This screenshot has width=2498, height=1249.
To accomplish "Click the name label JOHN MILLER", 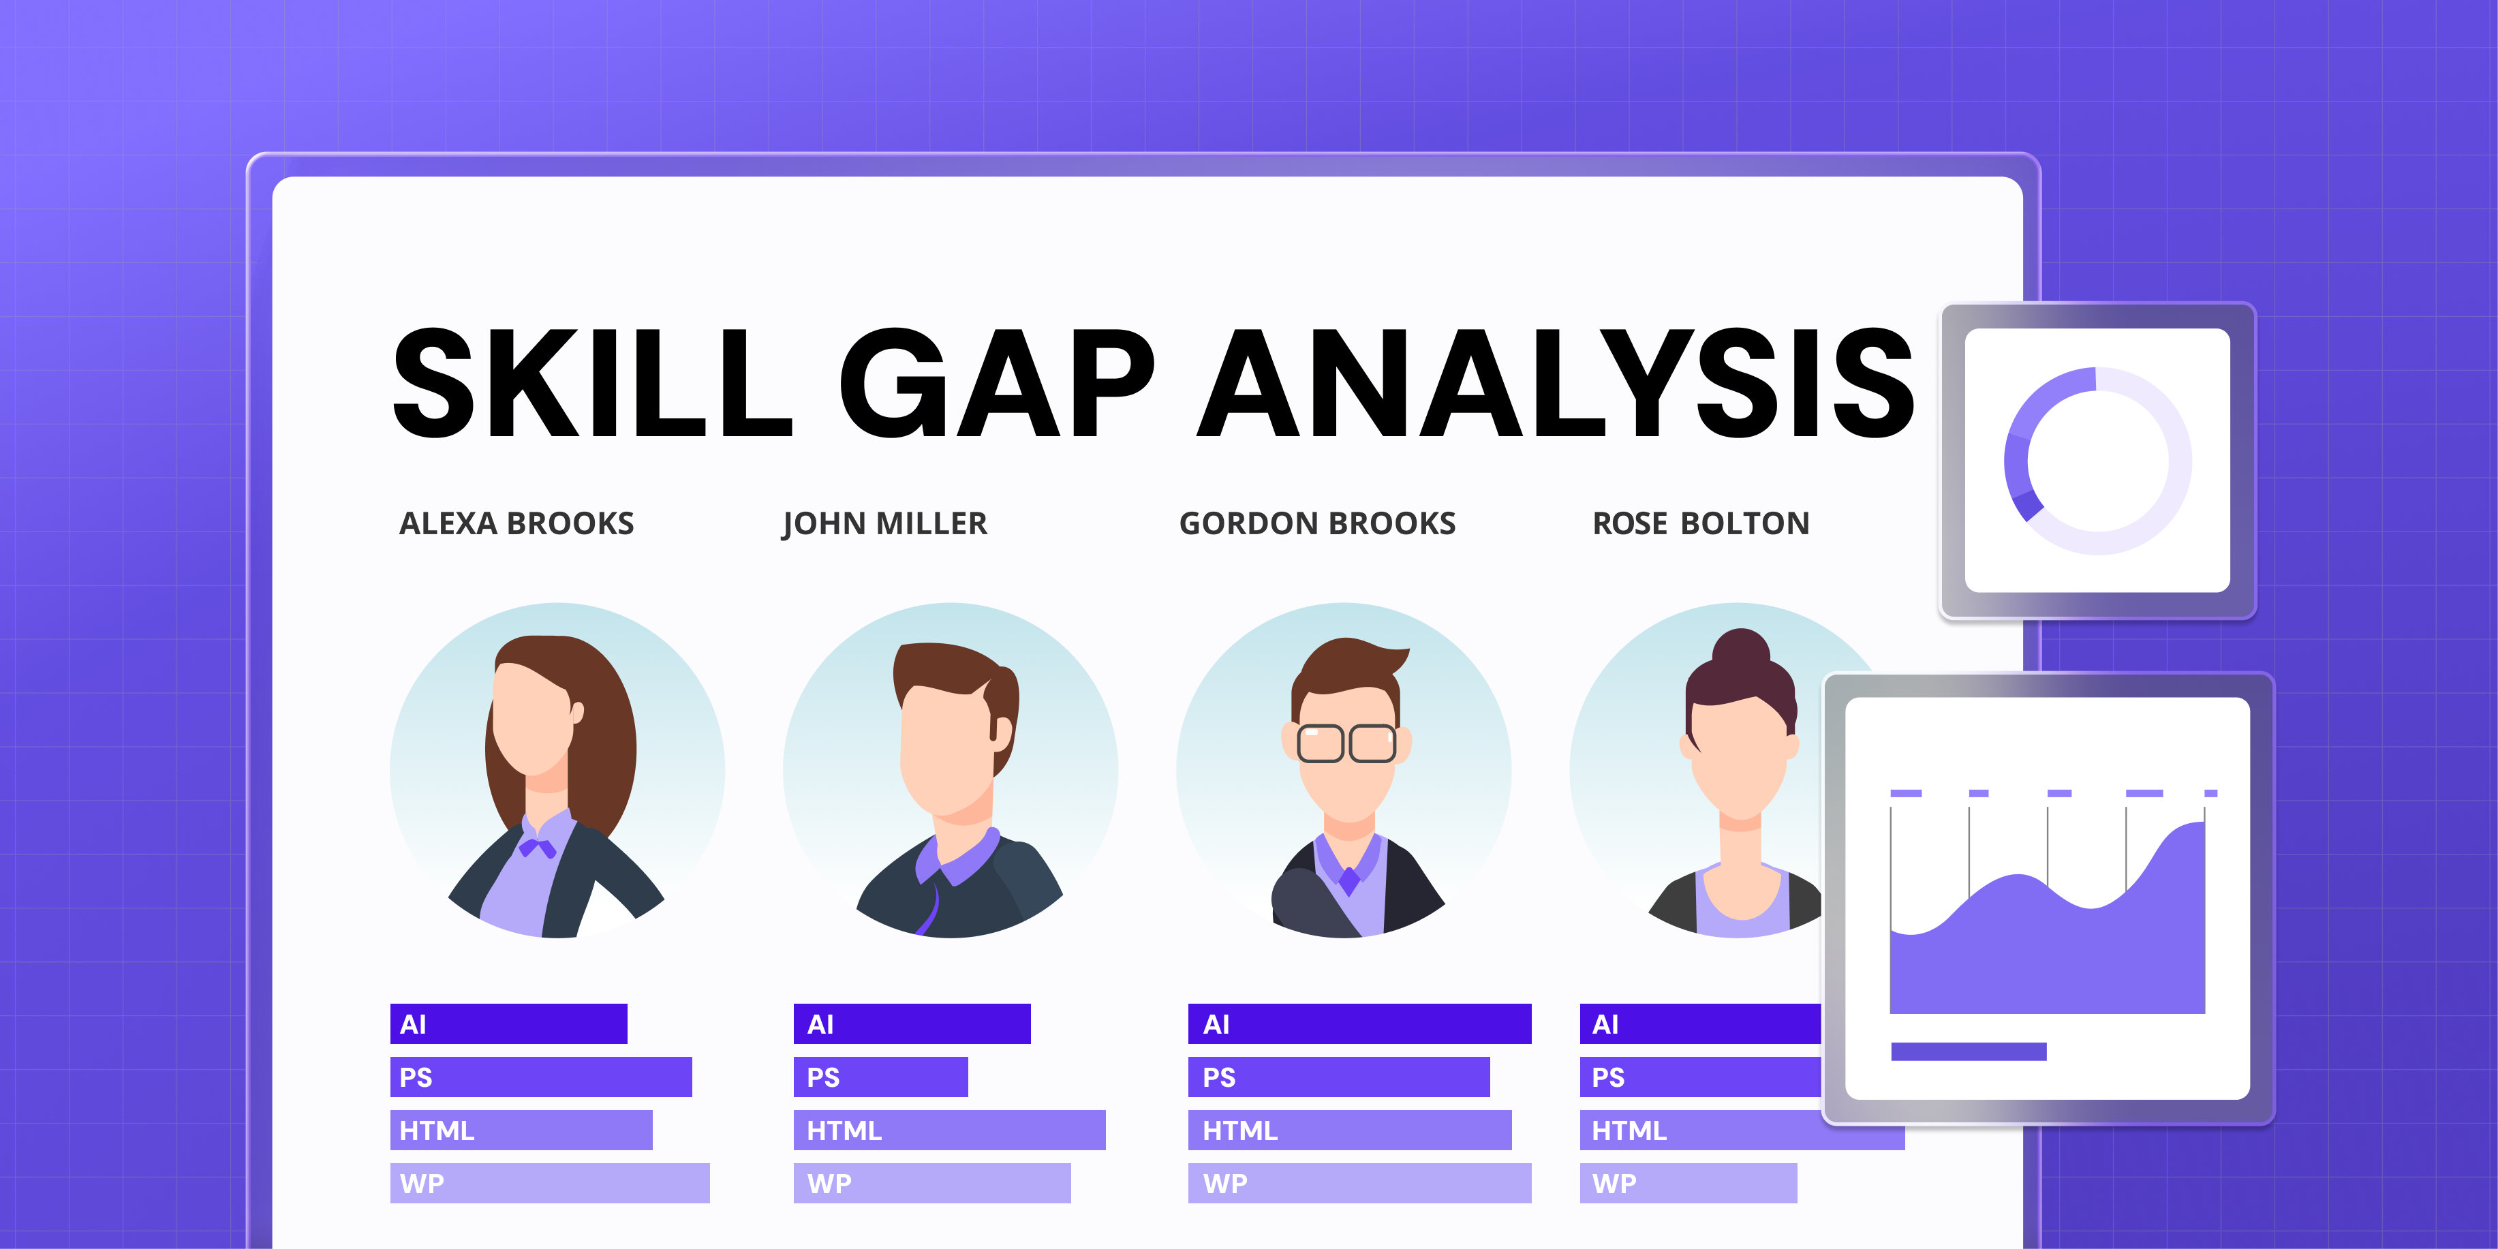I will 884,523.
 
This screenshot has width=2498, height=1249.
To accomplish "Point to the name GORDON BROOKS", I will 1317,523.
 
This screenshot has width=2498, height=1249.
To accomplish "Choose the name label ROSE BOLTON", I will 1701,523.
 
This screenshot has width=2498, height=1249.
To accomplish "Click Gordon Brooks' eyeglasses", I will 1347,744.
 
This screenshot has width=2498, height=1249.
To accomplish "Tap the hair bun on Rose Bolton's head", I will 1741,648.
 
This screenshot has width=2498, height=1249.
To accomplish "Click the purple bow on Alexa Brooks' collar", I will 536,848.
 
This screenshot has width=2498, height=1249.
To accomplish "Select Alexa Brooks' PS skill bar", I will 541,1077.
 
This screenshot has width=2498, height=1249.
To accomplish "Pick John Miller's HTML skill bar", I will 949,1130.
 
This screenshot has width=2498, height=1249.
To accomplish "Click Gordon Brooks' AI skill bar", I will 1359,1024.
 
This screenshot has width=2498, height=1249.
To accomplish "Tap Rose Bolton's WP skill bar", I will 1689,1183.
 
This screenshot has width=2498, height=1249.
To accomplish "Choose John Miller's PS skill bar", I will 880,1077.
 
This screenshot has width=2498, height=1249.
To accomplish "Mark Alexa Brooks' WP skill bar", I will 550,1183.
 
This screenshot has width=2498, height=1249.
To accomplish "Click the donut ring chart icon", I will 2097,461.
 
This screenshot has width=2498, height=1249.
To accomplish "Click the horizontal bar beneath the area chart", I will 1969,1051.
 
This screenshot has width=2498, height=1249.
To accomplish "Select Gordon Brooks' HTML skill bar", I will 1350,1130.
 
